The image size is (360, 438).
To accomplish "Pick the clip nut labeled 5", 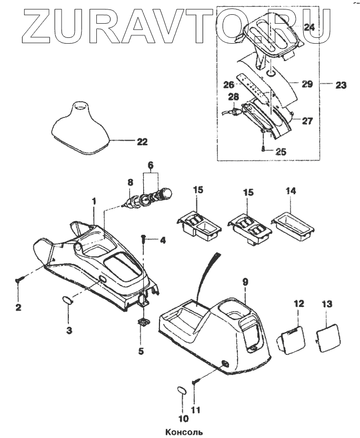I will pyautogui.click(x=142, y=322).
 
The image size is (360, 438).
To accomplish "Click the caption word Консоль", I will pyautogui.click(x=181, y=432).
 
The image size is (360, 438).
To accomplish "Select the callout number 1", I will pyautogui.click(x=94, y=201).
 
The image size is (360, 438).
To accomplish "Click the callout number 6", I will pyautogui.click(x=151, y=165).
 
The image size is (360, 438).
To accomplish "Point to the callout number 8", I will pyautogui.click(x=131, y=183).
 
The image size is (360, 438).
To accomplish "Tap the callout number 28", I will pyautogui.click(x=233, y=97).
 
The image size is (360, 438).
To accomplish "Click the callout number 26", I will pyautogui.click(x=229, y=84).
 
